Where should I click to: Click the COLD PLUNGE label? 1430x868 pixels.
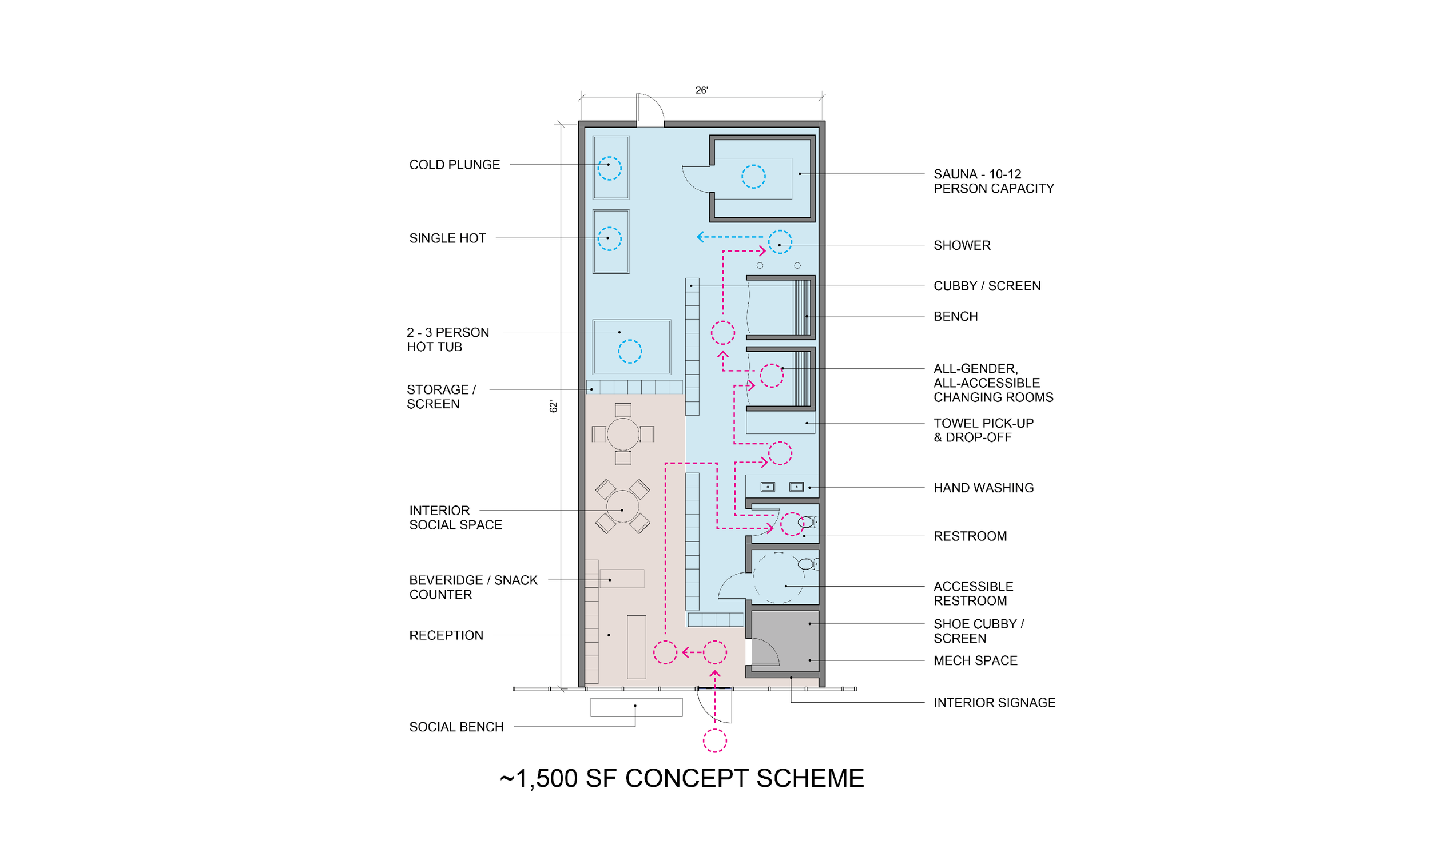(454, 165)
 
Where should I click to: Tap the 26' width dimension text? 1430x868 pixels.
(702, 90)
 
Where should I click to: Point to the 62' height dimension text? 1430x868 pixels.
(554, 407)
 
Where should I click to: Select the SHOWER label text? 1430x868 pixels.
(962, 245)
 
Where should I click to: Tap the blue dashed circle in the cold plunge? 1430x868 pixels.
(609, 157)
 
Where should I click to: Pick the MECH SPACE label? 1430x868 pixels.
(976, 661)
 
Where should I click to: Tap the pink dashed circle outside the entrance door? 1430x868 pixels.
(715, 730)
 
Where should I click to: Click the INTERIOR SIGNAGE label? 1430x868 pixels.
(994, 703)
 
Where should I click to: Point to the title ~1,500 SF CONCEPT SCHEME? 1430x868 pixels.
(682, 779)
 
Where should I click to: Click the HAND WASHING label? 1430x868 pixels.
(984, 488)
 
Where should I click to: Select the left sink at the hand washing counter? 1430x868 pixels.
(768, 487)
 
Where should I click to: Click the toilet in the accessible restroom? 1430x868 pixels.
(807, 564)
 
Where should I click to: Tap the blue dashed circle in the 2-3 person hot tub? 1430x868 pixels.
(630, 340)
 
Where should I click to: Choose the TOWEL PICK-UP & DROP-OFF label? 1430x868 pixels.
(984, 431)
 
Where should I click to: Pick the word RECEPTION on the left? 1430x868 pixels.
(446, 635)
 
